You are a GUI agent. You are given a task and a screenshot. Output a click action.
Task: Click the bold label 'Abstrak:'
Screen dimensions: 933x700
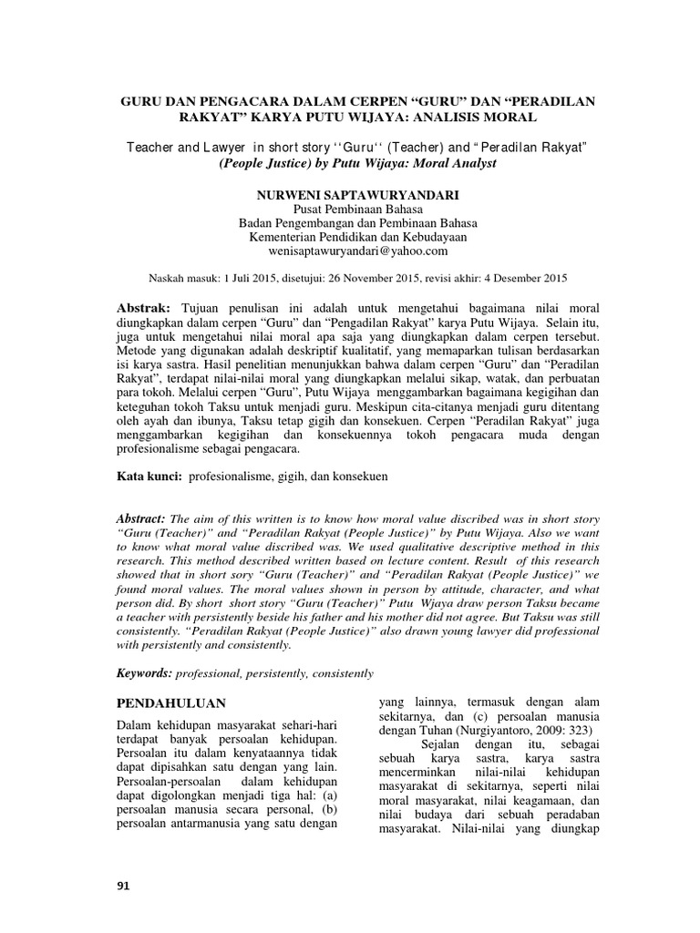coord(149,308)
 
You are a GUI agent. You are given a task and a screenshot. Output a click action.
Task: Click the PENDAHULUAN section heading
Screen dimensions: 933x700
coord(173,704)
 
